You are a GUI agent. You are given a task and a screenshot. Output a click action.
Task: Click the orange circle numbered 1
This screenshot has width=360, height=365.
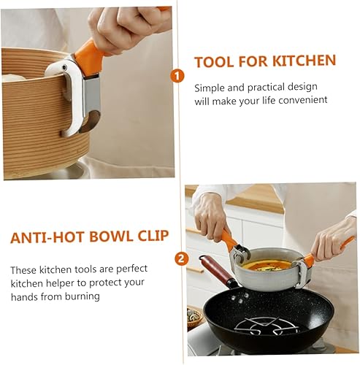coord(177,75)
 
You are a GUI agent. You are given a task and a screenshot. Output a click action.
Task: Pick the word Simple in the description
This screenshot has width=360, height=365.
coord(210,88)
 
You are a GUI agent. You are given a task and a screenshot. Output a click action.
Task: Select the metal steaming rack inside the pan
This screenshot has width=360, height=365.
coord(271,326)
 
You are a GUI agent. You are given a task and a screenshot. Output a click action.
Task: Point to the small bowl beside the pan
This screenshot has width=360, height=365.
coord(195,316)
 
